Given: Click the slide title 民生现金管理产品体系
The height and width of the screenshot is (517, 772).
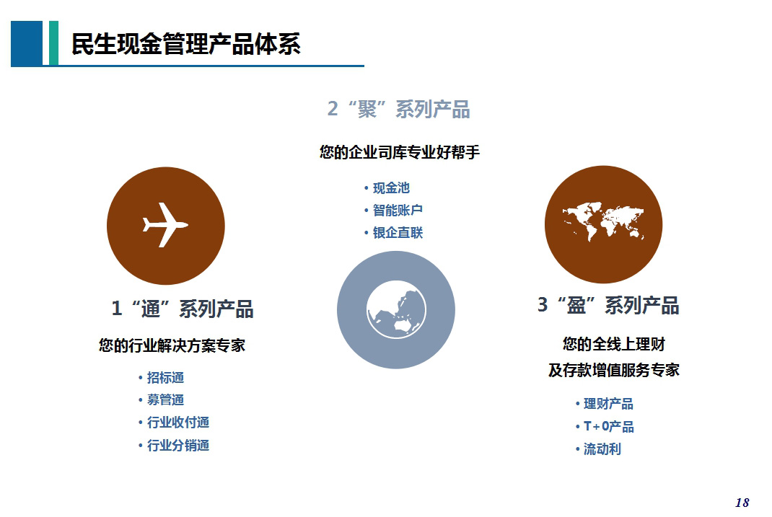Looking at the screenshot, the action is tap(185, 44).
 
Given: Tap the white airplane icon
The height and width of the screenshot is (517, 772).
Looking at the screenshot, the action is tap(165, 225).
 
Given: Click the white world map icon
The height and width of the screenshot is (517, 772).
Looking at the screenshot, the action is tap(603, 221).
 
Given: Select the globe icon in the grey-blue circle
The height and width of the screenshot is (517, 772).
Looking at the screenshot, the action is tap(396, 309).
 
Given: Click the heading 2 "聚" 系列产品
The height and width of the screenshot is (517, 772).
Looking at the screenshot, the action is tap(399, 109).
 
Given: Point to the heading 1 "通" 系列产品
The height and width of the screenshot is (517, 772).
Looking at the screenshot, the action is tap(182, 309).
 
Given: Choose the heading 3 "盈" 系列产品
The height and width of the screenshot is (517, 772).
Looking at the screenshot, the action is tap(608, 306).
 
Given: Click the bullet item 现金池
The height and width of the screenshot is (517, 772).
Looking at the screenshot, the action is tap(391, 188).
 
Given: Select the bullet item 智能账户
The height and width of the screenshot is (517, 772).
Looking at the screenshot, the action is tap(398, 210).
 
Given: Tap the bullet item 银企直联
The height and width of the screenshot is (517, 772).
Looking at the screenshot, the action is tap(398, 233).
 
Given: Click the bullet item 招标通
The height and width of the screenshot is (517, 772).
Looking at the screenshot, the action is tap(165, 377).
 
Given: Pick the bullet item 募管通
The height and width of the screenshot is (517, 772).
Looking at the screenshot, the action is tap(165, 399).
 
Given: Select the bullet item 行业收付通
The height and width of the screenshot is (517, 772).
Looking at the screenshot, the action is tap(177, 422).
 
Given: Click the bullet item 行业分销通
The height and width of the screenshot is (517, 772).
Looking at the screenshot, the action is tap(177, 445).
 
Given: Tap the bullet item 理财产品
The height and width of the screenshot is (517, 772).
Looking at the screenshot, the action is tap(608, 404).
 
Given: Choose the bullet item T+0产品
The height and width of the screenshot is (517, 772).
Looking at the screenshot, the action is tap(608, 426).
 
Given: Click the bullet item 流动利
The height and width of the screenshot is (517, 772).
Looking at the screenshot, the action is tap(602, 449).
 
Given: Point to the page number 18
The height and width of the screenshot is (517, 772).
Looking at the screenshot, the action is tap(742, 503).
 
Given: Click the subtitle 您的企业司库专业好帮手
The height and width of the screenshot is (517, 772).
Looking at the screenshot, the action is tap(399, 152).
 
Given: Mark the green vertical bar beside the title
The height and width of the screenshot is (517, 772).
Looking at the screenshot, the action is tap(53, 43).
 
